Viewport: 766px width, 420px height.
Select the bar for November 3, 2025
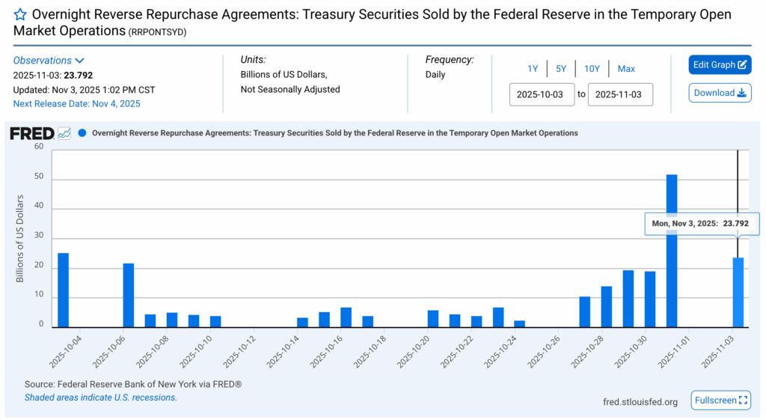pyautogui.click(x=738, y=293)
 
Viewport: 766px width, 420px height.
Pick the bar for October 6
pyautogui.click(x=129, y=295)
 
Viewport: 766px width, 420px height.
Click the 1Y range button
pyautogui.click(x=533, y=69)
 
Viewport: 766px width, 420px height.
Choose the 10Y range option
pyautogui.click(x=592, y=69)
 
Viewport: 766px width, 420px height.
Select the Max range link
pyautogui.click(x=626, y=69)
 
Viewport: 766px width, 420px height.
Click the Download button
pyautogui.click(x=720, y=93)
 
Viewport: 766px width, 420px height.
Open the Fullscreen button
pyautogui.click(x=720, y=401)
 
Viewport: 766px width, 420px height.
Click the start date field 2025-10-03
pyautogui.click(x=542, y=95)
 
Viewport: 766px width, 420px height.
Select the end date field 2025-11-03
pyautogui.click(x=620, y=95)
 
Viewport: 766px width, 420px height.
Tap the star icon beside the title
pyautogui.click(x=21, y=15)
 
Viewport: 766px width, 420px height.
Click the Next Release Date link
pyautogui.click(x=76, y=103)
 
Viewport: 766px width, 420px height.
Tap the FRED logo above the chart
pyautogui.click(x=31, y=133)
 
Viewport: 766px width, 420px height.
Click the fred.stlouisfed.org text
pyautogui.click(x=640, y=402)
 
